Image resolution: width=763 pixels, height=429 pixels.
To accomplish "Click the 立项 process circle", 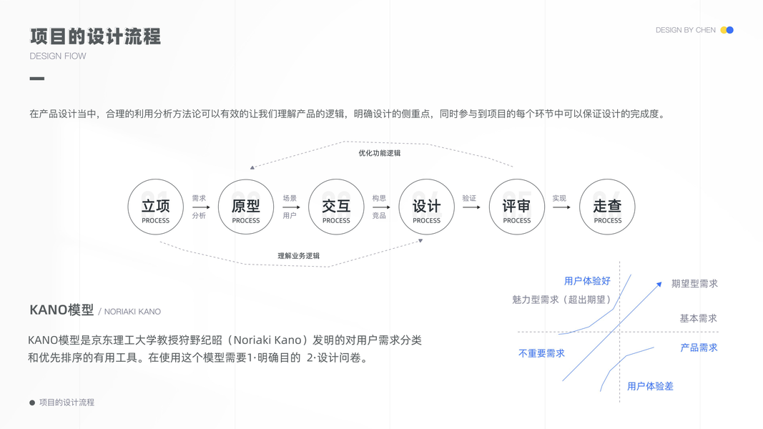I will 155,207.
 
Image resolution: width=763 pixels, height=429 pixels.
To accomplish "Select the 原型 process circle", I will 246,207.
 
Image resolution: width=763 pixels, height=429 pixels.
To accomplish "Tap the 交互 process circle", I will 336,207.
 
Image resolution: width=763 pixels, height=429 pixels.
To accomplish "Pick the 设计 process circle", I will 426,207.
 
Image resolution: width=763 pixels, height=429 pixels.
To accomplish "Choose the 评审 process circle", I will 516,207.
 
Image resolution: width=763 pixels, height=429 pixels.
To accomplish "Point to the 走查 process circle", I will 607,207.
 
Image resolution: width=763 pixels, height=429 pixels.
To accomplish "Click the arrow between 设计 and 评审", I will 471,207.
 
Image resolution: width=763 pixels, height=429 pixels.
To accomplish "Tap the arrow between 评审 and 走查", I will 561,207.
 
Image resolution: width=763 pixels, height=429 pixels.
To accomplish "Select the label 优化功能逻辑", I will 379,153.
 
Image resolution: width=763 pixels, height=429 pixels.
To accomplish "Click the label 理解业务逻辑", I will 298,255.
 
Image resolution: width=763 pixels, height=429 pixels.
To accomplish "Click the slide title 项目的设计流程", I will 95,36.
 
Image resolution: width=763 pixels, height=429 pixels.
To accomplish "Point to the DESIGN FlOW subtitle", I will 58,56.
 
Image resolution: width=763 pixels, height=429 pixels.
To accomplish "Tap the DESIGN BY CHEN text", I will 685,30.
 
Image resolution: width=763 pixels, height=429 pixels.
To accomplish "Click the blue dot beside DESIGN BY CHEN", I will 730,30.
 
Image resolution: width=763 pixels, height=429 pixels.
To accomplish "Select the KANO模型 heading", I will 61,310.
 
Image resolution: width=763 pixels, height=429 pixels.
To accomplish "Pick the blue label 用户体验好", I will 587,281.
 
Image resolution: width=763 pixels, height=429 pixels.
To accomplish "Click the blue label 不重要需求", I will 541,353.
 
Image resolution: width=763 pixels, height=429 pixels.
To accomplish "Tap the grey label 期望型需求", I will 694,284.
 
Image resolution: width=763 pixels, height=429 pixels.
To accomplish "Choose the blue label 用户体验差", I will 650,386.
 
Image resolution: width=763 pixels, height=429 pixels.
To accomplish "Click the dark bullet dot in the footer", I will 32,403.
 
